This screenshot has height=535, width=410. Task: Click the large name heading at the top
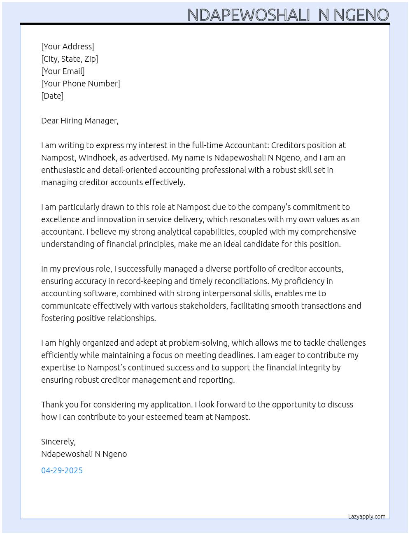pos(288,15)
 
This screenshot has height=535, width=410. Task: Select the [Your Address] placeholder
pos(68,47)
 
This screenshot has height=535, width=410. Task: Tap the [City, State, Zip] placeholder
pos(70,59)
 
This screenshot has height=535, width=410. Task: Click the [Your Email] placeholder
pos(63,71)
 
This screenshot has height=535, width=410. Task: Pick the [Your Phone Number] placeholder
pos(81,84)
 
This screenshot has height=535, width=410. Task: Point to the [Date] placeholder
pos(52,96)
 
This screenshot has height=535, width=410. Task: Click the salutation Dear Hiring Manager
pos(80,121)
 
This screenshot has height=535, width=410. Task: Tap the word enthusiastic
pos(65,170)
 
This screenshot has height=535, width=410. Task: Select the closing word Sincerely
pos(58,442)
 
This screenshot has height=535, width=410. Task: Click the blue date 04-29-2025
pos(62,470)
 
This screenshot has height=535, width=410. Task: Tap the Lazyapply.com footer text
pos(367,516)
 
